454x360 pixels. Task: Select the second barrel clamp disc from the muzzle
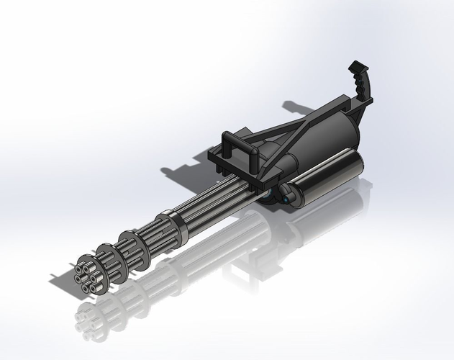(109, 255)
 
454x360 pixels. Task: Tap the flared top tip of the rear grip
(355, 67)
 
